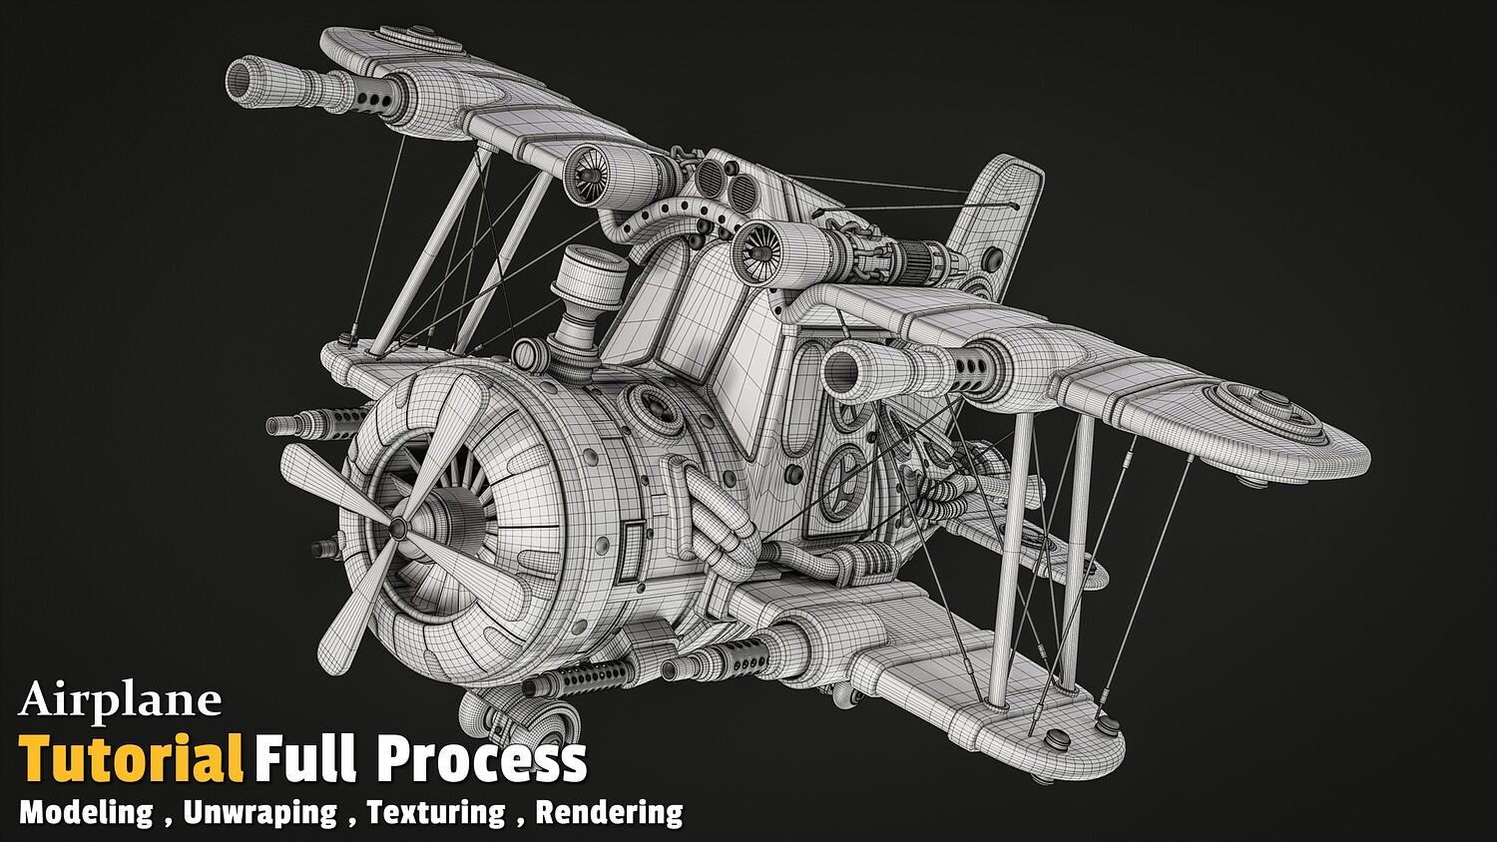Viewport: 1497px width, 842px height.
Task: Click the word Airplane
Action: (x=120, y=701)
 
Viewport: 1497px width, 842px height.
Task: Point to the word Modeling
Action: (x=86, y=813)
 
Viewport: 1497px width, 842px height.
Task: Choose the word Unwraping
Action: (x=259, y=813)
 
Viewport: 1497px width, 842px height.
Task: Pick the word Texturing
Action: (x=436, y=813)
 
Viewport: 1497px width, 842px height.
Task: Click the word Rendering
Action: (x=609, y=813)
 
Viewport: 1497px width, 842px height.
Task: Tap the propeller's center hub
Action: (x=397, y=530)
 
